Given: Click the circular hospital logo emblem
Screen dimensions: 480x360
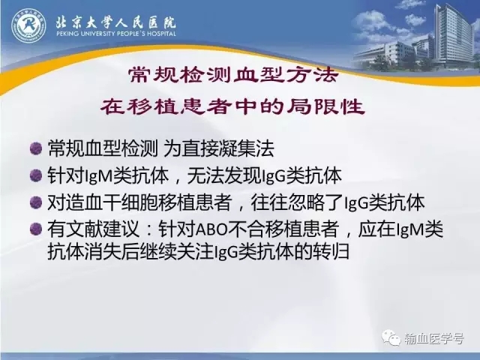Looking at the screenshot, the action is pos(28,25).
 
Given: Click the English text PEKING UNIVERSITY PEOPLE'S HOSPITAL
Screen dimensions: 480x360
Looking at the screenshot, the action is pos(116,34).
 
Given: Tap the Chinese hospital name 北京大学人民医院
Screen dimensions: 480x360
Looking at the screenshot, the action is pos(115,21).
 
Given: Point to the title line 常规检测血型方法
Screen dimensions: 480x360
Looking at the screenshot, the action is pos(233,75).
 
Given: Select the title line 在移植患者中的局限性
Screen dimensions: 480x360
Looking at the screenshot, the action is pos(232,106).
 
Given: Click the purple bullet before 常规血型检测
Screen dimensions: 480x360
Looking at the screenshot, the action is pos(36,148).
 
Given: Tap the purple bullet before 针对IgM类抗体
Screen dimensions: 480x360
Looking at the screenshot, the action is pos(36,175).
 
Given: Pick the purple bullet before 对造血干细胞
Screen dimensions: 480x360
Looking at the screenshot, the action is pos(36,202).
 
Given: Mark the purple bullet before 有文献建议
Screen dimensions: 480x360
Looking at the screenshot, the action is pos(36,229).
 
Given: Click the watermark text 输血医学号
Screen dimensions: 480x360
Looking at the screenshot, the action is pos(433,338).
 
